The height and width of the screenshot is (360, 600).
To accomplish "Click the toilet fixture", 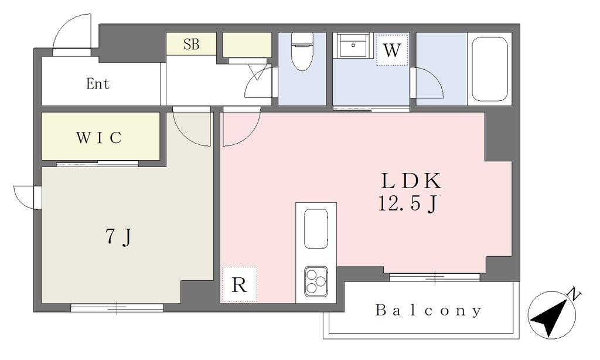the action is (302, 52).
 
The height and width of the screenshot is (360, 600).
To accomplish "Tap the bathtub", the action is (490, 69).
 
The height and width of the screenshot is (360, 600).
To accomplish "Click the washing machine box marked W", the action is (392, 50).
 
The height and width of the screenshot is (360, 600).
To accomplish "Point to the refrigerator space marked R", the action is (240, 284).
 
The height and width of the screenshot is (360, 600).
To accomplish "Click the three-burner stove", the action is (316, 281).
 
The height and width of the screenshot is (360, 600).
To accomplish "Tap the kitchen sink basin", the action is (316, 229).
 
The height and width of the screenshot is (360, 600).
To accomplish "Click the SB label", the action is (192, 44).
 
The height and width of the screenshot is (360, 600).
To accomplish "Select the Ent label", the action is (98, 83).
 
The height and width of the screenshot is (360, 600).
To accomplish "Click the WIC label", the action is (98, 137).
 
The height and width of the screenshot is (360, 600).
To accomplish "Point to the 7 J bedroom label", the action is (118, 237).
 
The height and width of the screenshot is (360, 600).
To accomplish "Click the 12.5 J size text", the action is (408, 203).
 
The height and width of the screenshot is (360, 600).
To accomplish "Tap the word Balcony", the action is (428, 310).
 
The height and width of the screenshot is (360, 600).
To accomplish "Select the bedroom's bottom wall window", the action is (117, 307).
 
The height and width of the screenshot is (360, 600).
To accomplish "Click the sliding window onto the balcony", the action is (435, 277).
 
